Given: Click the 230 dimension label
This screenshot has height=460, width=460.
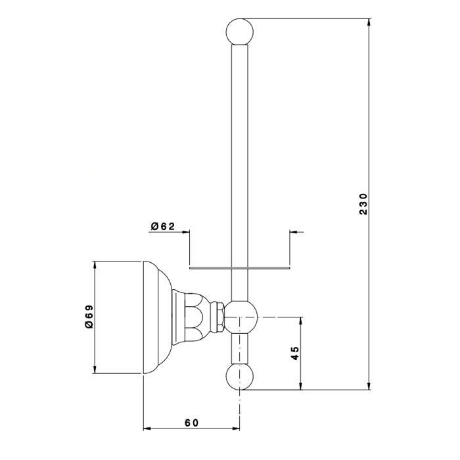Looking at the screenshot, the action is click(x=363, y=204).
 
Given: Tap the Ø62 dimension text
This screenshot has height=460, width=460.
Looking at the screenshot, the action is click(x=163, y=226).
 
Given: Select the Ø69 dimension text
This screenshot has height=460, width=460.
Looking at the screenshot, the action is click(x=89, y=317).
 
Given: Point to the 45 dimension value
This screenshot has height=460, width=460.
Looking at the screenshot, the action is click(x=295, y=354).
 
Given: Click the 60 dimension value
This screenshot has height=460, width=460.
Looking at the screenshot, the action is click(x=192, y=423).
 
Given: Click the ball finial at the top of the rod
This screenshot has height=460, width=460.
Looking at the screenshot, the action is click(x=241, y=32).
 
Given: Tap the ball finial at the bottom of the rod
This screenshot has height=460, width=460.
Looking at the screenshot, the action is click(x=241, y=377).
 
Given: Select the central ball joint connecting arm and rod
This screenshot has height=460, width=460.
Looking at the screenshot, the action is click(x=241, y=317).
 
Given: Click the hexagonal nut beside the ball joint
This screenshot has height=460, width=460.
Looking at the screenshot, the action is click(x=218, y=317).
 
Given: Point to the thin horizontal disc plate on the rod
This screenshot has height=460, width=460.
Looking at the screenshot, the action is click(x=240, y=268).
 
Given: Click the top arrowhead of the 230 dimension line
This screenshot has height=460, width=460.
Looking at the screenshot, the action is click(x=369, y=23).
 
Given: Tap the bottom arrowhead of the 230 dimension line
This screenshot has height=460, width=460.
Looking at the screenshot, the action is click(x=369, y=386).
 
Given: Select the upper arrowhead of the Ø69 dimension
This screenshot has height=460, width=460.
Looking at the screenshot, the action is click(x=95, y=265).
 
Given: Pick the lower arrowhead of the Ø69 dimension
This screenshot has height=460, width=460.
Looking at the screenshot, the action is click(x=95, y=369).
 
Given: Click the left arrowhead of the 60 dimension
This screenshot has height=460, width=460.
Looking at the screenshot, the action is click(x=147, y=428).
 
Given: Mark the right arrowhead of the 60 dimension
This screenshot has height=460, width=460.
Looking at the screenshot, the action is click(x=235, y=428).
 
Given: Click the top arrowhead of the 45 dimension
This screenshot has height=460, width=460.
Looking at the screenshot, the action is click(x=300, y=321).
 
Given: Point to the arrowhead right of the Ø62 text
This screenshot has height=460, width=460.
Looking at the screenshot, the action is click(x=185, y=232).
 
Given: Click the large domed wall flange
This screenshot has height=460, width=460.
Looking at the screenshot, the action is click(x=157, y=317).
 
